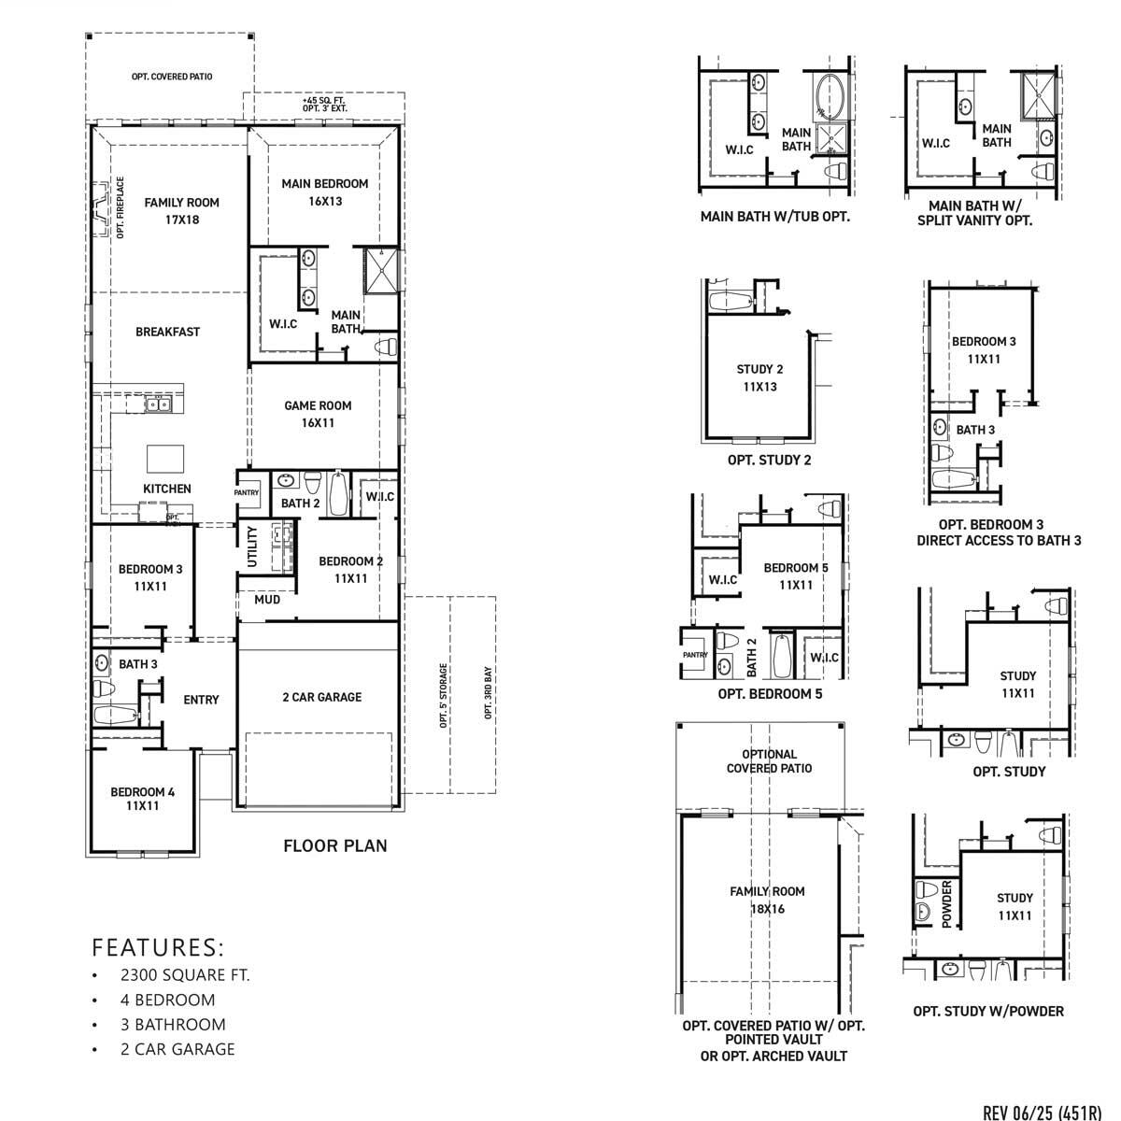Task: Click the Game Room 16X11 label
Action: pyautogui.click(x=318, y=414)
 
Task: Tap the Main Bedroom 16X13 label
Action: pyautogui.click(x=325, y=192)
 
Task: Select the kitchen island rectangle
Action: pyautogui.click(x=165, y=460)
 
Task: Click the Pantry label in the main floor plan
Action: pyautogui.click(x=247, y=492)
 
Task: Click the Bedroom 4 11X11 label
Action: pyautogui.click(x=142, y=799)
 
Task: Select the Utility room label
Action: pyautogui.click(x=251, y=546)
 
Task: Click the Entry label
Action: pyautogui.click(x=201, y=700)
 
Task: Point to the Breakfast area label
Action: pyautogui.click(x=167, y=332)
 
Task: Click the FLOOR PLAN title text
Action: pyautogui.click(x=334, y=846)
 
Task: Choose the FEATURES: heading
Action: pyautogui.click(x=158, y=947)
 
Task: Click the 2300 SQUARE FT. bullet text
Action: pyautogui.click(x=185, y=975)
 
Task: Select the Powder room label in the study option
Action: pyautogui.click(x=945, y=902)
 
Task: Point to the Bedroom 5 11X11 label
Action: pyautogui.click(x=796, y=576)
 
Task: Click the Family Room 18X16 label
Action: pyautogui.click(x=767, y=900)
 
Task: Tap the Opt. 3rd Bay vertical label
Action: pyautogui.click(x=488, y=693)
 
